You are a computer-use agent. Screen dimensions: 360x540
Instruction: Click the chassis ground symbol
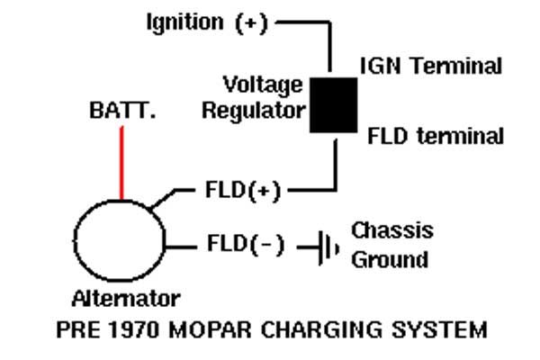click(x=325, y=245)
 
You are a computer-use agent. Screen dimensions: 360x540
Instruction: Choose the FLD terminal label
click(x=435, y=137)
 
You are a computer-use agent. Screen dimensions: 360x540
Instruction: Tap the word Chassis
click(x=391, y=229)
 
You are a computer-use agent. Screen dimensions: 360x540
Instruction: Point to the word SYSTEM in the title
click(x=437, y=330)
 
